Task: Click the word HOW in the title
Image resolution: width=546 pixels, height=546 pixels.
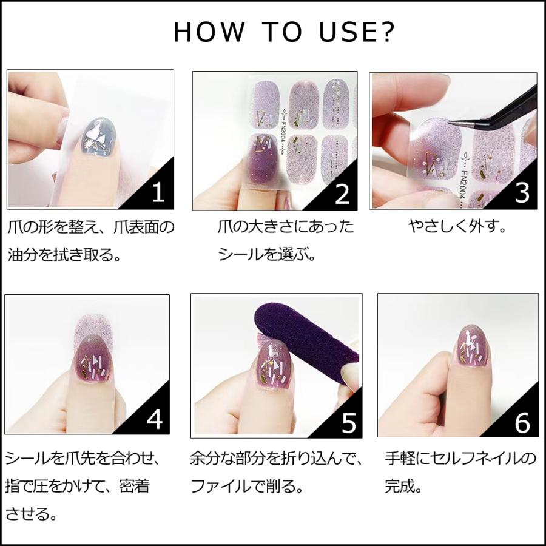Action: pyautogui.click(x=209, y=32)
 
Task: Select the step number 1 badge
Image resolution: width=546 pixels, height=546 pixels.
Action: pyautogui.click(x=158, y=192)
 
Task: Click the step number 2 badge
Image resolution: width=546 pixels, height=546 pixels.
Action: pyautogui.click(x=342, y=194)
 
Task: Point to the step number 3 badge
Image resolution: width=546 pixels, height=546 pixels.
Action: pyautogui.click(x=522, y=192)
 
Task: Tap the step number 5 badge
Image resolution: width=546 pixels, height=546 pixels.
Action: pyautogui.click(x=349, y=422)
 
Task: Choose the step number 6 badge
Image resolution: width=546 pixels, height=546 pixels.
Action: pyautogui.click(x=522, y=422)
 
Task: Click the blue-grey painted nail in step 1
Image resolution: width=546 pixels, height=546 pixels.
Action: pyautogui.click(x=99, y=136)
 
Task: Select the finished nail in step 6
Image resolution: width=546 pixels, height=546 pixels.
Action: pyautogui.click(x=472, y=346)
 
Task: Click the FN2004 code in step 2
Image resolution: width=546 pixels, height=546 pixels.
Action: pyautogui.click(x=283, y=133)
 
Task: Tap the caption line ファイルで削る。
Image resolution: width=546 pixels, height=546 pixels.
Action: pyautogui.click(x=246, y=486)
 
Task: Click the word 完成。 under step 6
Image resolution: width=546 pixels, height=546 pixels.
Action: pyautogui.click(x=403, y=486)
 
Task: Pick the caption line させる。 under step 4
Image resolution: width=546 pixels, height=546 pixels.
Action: pyautogui.click(x=32, y=514)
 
